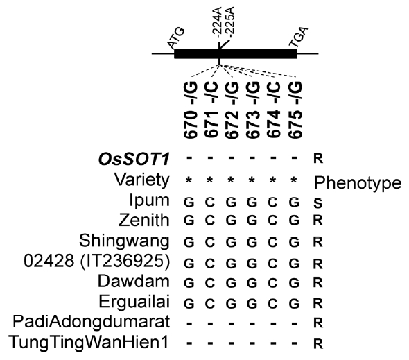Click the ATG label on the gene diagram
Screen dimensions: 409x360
point(176,38)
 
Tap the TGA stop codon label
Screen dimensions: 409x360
point(299,37)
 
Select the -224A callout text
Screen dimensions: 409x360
point(216,24)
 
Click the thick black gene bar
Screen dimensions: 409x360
point(236,54)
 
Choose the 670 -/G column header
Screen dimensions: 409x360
point(191,110)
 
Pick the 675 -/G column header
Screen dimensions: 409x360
point(295,110)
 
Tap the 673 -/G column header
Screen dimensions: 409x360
point(253,110)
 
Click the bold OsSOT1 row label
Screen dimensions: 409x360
point(134,159)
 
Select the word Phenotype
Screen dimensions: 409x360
point(358,182)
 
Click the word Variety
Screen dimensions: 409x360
point(142,180)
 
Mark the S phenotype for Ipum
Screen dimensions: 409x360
point(318,203)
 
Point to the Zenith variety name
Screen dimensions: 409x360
point(144,220)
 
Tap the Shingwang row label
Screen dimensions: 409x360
point(124,241)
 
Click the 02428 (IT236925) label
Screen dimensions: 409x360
point(97,261)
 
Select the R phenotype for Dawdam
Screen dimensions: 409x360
point(318,283)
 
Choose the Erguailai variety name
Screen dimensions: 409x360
point(134,302)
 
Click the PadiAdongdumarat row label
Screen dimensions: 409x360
point(92,322)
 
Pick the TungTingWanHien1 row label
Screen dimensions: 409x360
point(88,342)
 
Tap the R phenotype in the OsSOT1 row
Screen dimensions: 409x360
point(318,158)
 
